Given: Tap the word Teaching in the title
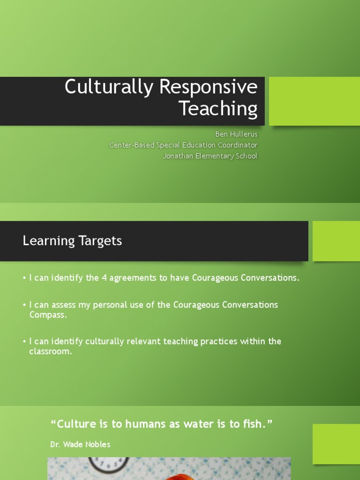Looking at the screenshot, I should (218, 109).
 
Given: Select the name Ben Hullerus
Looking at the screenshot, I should (236, 135).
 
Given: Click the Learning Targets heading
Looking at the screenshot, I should (72, 241).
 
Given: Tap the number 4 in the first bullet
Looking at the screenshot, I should (105, 278).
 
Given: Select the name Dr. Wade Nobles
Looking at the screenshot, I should (80, 444).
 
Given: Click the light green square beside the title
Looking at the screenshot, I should (314, 101).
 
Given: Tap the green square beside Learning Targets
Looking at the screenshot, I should (336, 241).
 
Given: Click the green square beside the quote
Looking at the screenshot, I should (336, 444).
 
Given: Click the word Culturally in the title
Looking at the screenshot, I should (109, 88).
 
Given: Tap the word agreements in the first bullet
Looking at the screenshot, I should (134, 278).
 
